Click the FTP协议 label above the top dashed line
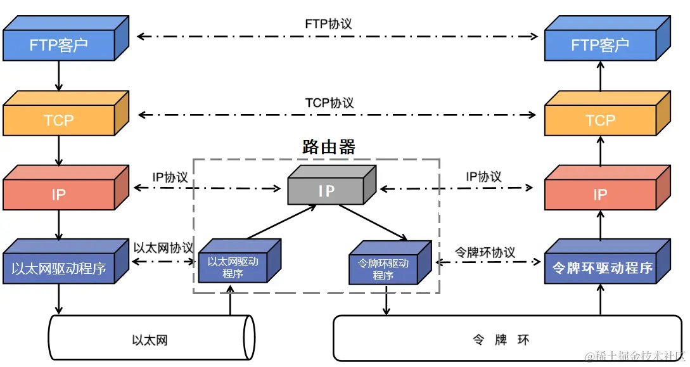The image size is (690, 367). [x=328, y=23]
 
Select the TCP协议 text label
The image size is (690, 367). [x=329, y=103]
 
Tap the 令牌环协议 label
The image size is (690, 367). [x=485, y=252]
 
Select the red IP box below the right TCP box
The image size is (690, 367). [x=600, y=194]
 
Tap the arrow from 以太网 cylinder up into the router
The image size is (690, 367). [x=230, y=301]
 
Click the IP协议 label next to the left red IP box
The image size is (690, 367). [x=170, y=177]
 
